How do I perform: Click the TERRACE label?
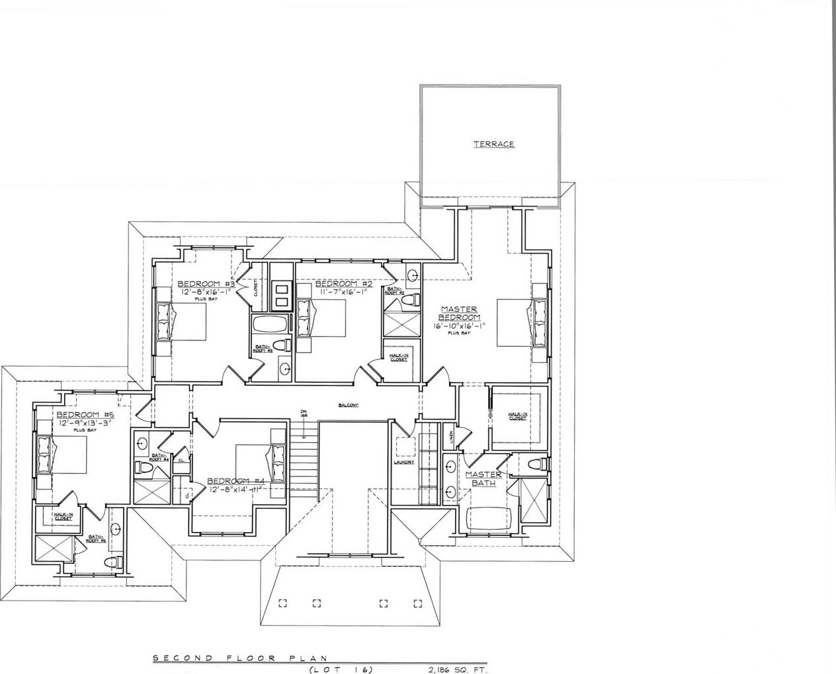click(x=493, y=144)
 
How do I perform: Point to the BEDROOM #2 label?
click(x=344, y=283)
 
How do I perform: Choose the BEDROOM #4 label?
click(x=235, y=480)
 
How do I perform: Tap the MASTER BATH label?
click(x=483, y=478)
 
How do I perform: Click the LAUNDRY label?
click(x=403, y=462)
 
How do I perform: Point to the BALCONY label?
click(x=347, y=405)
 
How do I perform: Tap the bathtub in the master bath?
click(x=491, y=520)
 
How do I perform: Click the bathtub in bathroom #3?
click(x=270, y=326)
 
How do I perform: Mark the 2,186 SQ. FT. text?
click(x=454, y=669)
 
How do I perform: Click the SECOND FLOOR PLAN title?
click(x=240, y=658)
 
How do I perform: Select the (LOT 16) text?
click(x=341, y=669)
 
